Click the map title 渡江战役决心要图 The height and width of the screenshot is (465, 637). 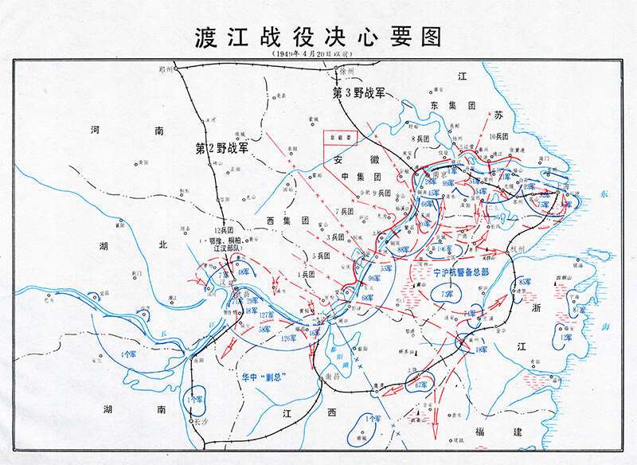pyautogui.click(x=318, y=37)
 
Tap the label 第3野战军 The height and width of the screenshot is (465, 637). pyautogui.click(x=358, y=92)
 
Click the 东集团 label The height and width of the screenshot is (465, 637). pyautogui.click(x=452, y=104)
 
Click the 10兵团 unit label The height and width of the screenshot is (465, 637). pyautogui.click(x=498, y=137)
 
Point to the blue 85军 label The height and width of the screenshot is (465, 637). pyautogui.click(x=525, y=282)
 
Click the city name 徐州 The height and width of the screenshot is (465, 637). pyautogui.click(x=346, y=71)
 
